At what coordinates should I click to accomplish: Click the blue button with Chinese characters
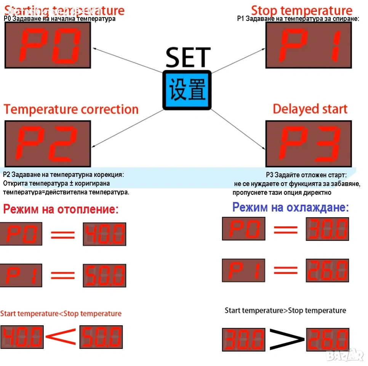click(187, 90)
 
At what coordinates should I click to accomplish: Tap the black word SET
click(188, 57)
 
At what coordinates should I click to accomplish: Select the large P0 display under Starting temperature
click(48, 45)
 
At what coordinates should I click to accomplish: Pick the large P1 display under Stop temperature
click(308, 45)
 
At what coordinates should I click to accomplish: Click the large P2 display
click(48, 144)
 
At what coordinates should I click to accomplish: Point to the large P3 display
click(308, 144)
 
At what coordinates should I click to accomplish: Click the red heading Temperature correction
click(71, 109)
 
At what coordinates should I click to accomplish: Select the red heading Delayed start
click(310, 109)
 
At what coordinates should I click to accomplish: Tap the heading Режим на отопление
click(61, 209)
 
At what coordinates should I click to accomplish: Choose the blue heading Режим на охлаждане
click(290, 207)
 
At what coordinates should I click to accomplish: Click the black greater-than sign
click(287, 338)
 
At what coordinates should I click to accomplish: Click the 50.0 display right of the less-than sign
click(101, 337)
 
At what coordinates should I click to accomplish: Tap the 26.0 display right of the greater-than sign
click(328, 339)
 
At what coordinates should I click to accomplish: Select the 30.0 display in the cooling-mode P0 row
click(327, 229)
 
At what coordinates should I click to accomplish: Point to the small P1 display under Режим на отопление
click(21, 275)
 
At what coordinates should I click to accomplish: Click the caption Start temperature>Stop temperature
click(285, 310)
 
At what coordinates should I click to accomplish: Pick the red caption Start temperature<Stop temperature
click(61, 314)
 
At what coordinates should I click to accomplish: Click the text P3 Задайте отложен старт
click(306, 175)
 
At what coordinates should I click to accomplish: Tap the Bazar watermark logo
click(345, 355)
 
